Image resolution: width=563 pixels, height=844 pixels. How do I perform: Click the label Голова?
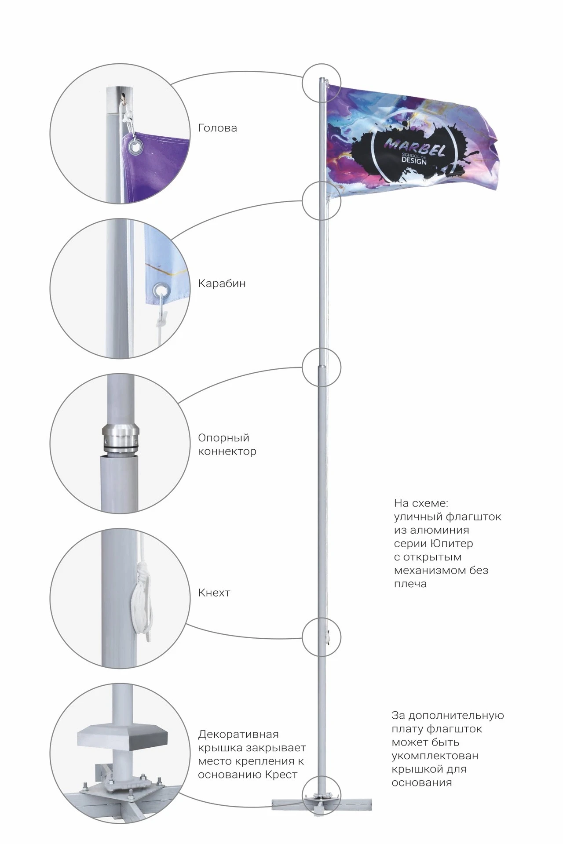tap(217, 128)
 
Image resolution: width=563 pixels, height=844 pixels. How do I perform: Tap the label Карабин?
tap(222, 283)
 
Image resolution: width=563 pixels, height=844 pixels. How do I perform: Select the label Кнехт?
tap(214, 593)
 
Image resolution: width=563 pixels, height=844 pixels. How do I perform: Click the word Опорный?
tap(223, 438)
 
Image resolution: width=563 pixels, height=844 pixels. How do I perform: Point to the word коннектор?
tap(227, 451)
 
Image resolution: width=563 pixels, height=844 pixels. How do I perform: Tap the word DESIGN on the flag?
tap(413, 162)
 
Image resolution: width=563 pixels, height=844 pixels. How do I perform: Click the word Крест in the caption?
tap(282, 775)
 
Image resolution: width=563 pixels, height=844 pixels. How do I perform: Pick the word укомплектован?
tap(435, 756)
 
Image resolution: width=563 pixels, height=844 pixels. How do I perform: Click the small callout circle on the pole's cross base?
tap(322, 796)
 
